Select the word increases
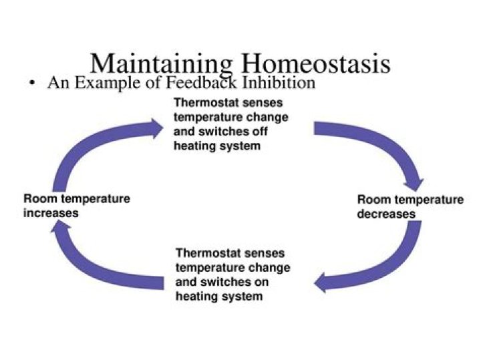pos(51,214)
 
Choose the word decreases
pos(386,214)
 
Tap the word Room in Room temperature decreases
pos(371,200)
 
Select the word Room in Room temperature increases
pos(37,199)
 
